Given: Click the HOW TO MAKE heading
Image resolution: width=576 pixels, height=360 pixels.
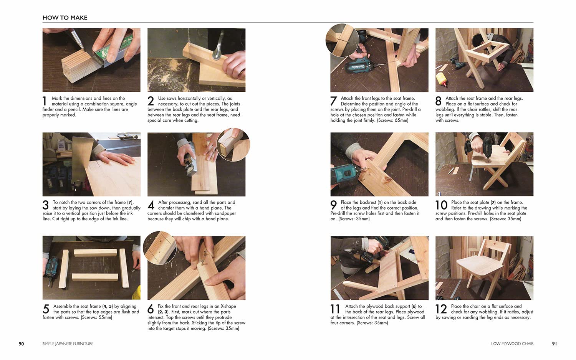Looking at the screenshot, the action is (x=65, y=18).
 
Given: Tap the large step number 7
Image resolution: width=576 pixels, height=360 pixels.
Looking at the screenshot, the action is (x=334, y=101).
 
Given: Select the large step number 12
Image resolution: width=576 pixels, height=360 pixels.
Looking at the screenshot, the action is (x=441, y=309).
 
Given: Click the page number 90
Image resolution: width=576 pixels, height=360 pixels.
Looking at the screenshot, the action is (x=21, y=344).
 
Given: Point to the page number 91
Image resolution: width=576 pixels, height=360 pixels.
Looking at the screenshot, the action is (x=554, y=344).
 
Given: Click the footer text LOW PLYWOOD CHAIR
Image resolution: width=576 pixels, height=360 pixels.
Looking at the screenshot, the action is (x=512, y=344).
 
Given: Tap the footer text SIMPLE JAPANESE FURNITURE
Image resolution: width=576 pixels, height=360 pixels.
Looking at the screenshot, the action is (x=68, y=344).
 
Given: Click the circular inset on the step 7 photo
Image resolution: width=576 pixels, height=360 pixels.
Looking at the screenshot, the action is (x=342, y=40).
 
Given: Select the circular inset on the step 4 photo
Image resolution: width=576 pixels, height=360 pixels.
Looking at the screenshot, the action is (x=233, y=145).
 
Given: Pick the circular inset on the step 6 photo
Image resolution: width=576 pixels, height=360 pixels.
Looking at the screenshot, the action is (x=160, y=248).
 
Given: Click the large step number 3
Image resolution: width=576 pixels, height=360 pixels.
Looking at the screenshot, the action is (x=46, y=205).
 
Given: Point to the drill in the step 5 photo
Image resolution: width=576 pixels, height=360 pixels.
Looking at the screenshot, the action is (x=51, y=270).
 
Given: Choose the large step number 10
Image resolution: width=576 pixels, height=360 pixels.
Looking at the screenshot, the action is (x=442, y=205).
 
